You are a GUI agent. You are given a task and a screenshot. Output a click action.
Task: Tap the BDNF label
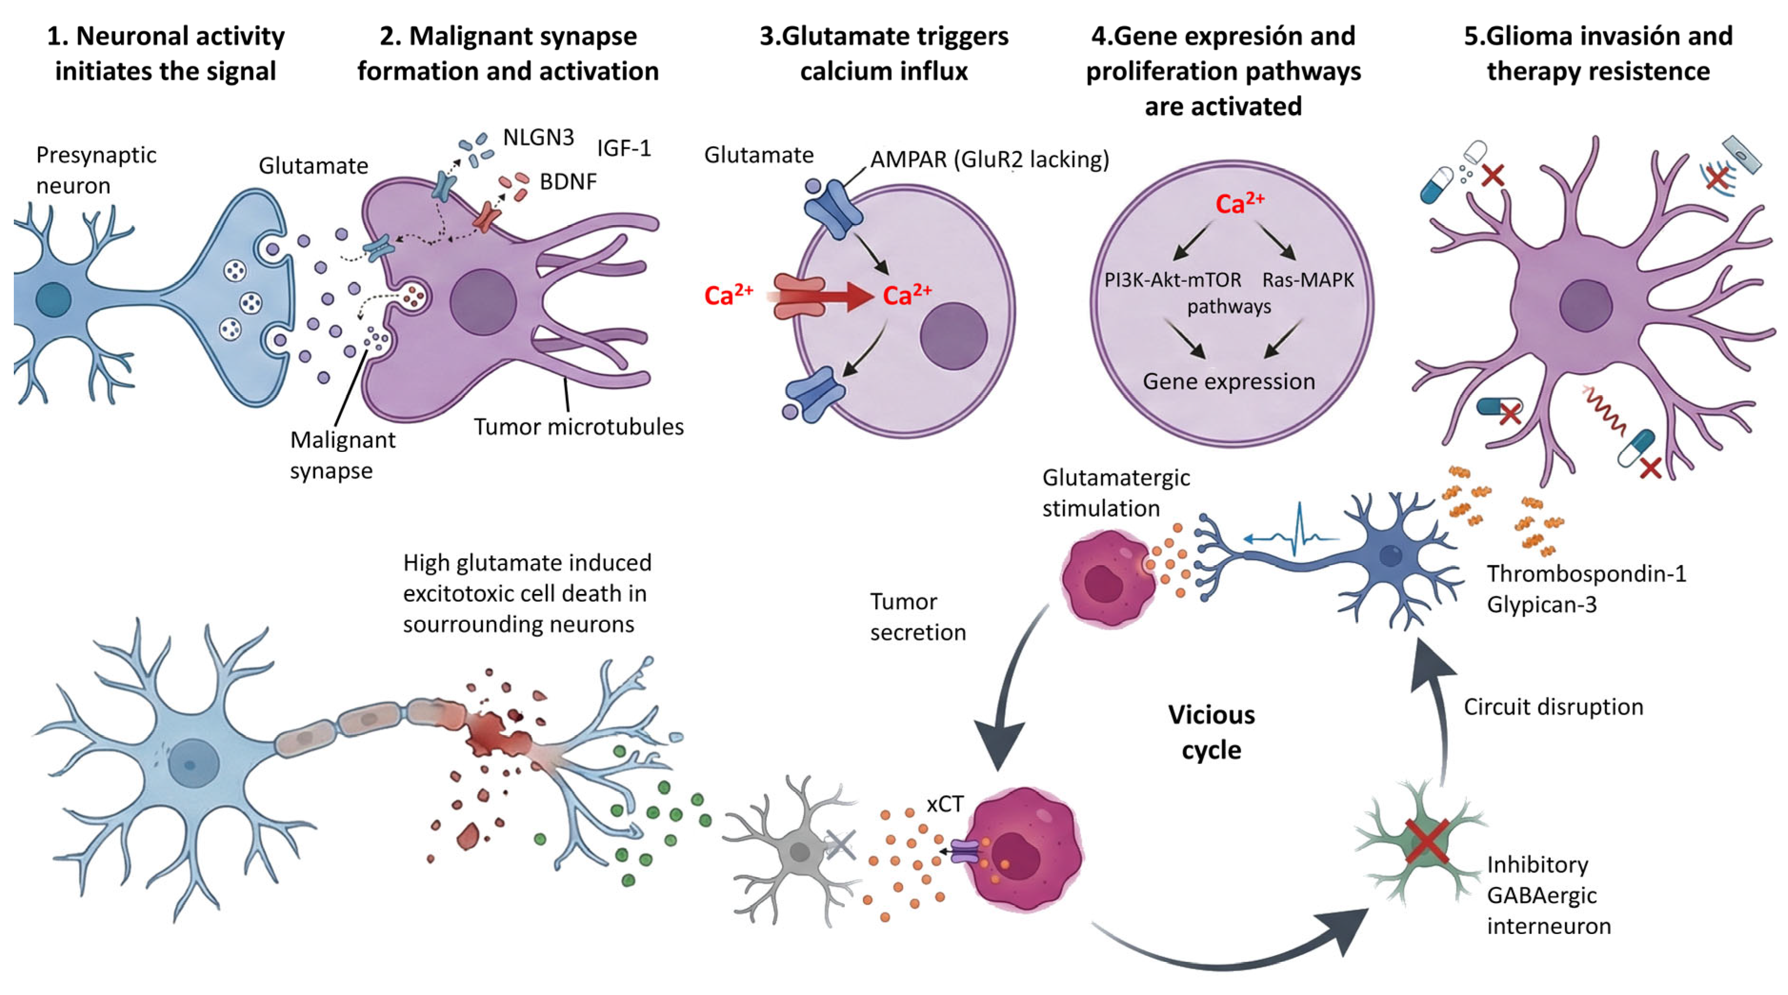(568, 182)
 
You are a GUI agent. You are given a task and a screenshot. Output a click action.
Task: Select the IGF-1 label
(623, 148)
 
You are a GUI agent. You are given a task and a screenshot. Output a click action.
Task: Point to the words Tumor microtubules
(578, 426)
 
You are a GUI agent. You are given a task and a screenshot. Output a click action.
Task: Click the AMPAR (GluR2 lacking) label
(989, 160)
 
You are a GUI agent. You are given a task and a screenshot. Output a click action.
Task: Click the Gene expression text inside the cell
(1228, 381)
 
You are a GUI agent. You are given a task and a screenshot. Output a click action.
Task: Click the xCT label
(944, 804)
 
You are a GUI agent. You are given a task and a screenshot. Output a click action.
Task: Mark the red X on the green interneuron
(1426, 841)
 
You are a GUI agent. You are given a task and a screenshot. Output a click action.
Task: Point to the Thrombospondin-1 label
(1586, 573)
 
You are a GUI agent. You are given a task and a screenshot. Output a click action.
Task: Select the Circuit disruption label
(1553, 707)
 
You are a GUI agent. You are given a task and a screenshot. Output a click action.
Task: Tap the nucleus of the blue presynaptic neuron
(53, 299)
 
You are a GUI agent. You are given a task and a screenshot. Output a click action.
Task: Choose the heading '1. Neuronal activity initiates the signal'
(166, 53)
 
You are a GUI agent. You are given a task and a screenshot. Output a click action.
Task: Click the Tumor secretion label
(917, 617)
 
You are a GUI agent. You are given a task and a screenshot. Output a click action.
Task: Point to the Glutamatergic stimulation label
(1115, 493)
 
